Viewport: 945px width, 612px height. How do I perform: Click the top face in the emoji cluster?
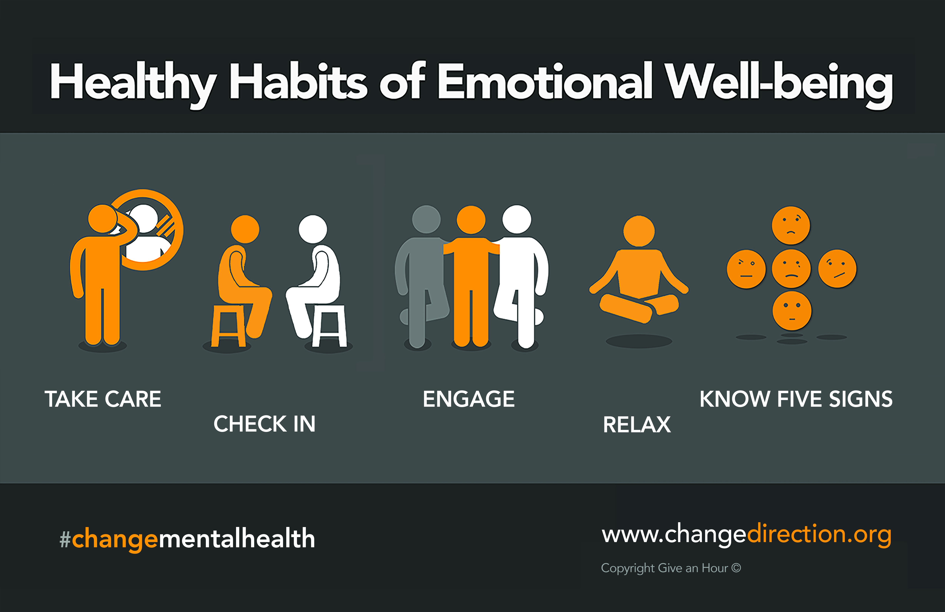(x=791, y=225)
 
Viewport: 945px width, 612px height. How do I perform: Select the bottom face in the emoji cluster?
(x=792, y=311)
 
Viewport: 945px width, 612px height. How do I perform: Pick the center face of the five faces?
(x=791, y=268)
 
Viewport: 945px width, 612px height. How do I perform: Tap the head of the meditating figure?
(x=639, y=231)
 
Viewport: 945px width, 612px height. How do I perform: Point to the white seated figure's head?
(x=313, y=229)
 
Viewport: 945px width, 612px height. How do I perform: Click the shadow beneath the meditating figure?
(x=639, y=341)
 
